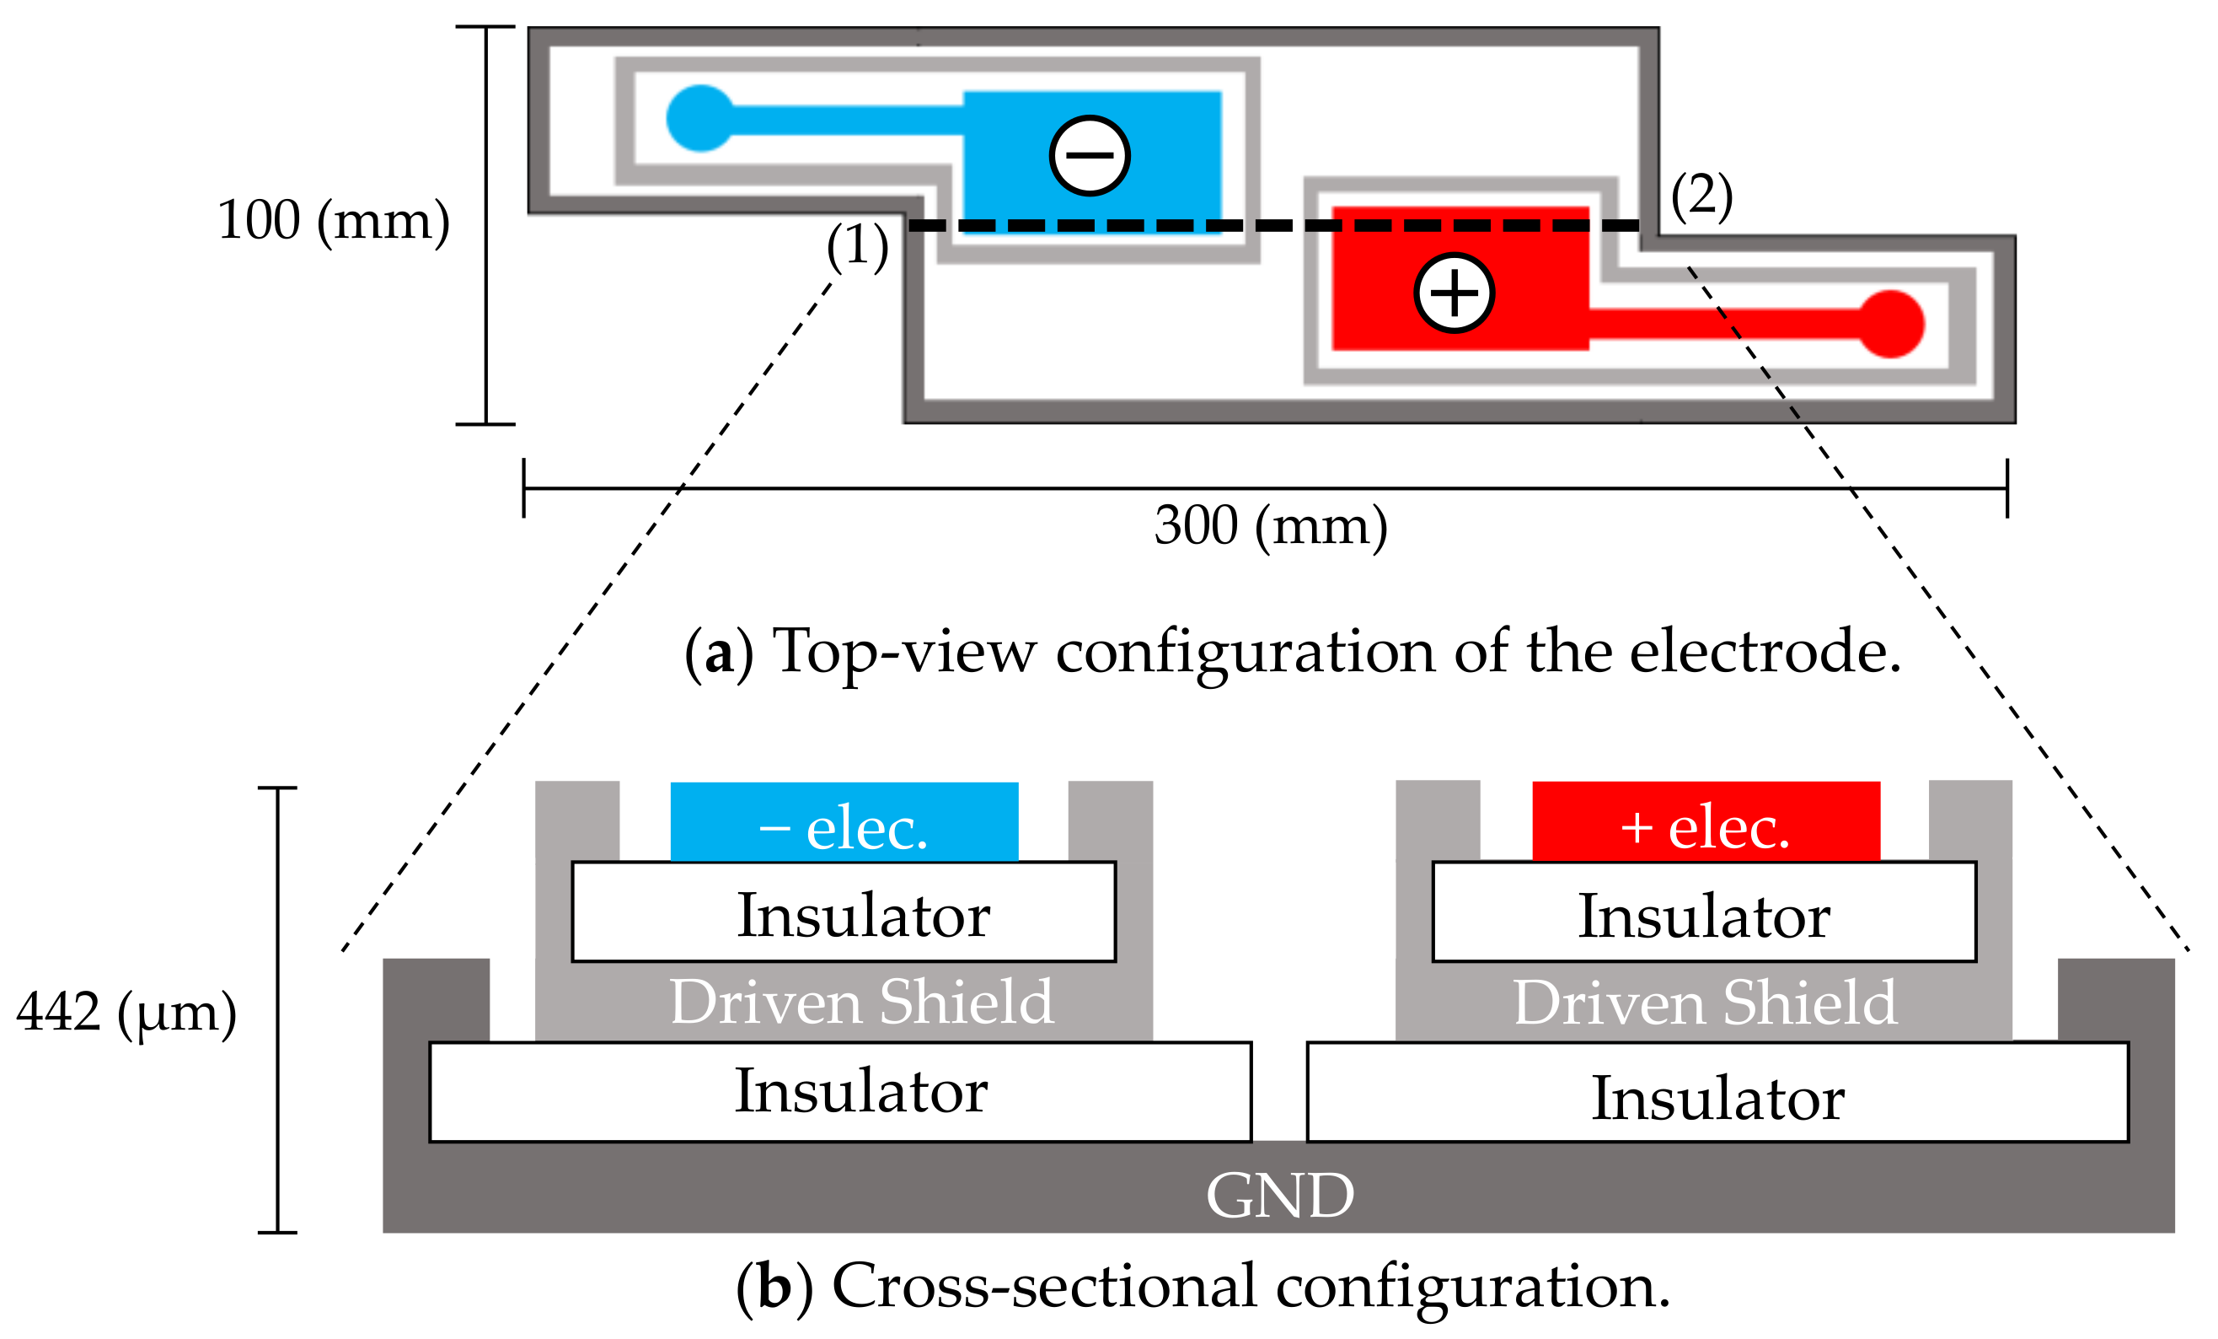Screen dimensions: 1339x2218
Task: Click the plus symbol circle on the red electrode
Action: click(1454, 293)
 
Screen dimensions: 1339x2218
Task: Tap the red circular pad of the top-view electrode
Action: click(1891, 323)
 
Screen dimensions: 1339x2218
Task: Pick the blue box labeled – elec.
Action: click(844, 821)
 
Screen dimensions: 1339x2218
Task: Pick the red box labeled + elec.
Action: click(1706, 821)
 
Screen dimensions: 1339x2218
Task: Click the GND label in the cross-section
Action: click(1279, 1196)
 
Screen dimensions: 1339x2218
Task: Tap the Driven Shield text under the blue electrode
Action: click(861, 1002)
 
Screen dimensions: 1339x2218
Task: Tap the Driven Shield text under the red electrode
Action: click(1705, 1003)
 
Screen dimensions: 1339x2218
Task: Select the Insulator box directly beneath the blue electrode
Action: click(844, 913)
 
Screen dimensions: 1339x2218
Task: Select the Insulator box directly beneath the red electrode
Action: click(1704, 913)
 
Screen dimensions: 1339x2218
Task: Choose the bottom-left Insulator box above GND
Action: click(840, 1091)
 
